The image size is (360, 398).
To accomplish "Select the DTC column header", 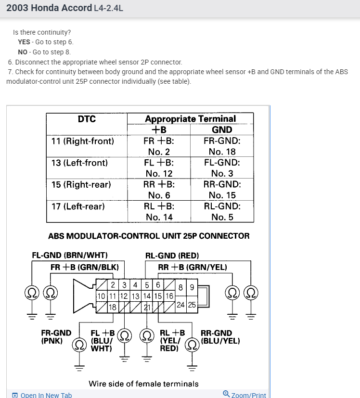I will [87, 119].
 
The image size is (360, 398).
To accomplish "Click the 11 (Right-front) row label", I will [83, 141].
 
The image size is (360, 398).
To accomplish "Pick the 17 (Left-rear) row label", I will [78, 206].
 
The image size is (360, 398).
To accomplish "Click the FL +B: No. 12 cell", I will [159, 168].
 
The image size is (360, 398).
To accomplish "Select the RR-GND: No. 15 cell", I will [222, 190].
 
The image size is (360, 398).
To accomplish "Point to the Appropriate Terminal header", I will [190, 118].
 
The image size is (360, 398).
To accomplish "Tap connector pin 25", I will [192, 304].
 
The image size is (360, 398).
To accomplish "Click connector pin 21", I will [148, 307].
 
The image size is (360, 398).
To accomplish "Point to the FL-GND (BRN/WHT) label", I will [70, 255].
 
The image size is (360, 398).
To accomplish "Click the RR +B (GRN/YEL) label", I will [193, 267].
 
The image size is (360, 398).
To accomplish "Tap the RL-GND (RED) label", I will [172, 255].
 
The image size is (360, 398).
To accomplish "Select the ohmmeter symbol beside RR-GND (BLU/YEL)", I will [193, 344].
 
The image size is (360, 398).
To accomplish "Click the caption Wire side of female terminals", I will [143, 384].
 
